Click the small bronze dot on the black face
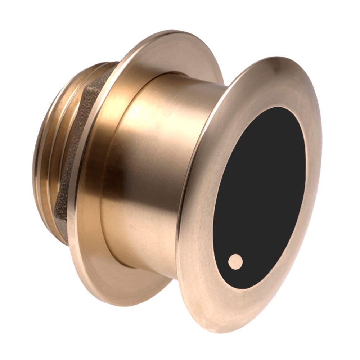pyautogui.click(x=235, y=261)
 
